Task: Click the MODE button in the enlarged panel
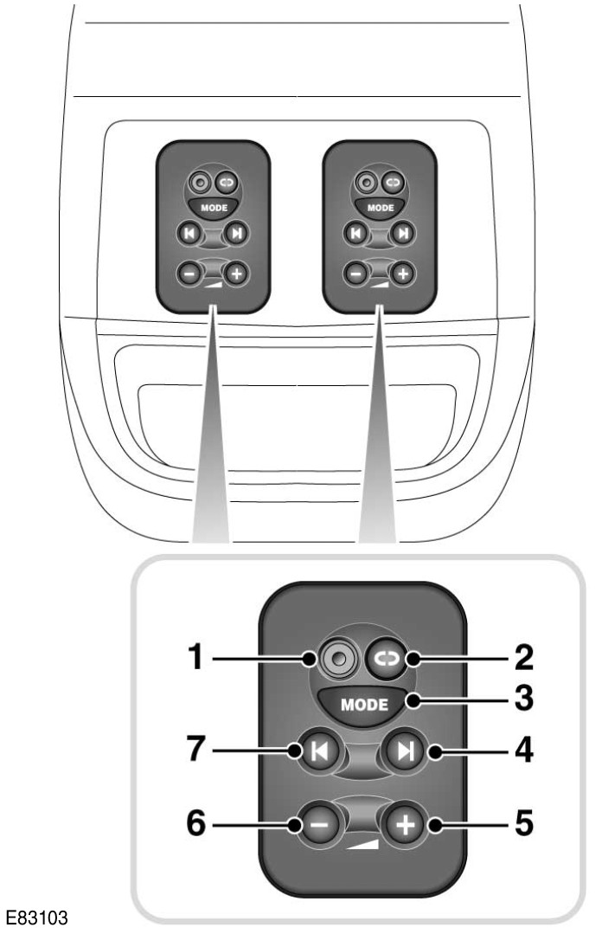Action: (x=363, y=704)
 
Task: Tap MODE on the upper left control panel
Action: (x=213, y=209)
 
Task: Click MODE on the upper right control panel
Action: (x=380, y=209)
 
